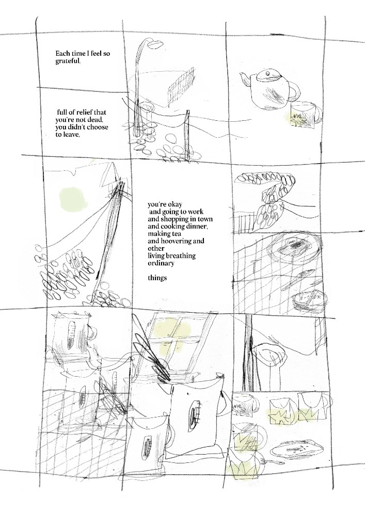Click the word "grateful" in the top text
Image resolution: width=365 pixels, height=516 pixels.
pyautogui.click(x=68, y=61)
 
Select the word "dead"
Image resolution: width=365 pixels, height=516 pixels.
pyautogui.click(x=96, y=120)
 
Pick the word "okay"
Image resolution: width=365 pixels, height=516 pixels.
pyautogui.click(x=174, y=205)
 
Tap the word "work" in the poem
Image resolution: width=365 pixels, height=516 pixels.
pyautogui.click(x=196, y=212)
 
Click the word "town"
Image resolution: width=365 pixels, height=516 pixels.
pyautogui.click(x=204, y=219)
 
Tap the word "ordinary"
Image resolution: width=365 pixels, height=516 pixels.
pyautogui.click(x=161, y=263)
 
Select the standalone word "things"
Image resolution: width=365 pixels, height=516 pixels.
pyautogui.click(x=157, y=278)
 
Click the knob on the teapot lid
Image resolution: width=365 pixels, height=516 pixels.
pyautogui.click(x=267, y=73)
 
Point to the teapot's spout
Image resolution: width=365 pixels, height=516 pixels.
pyautogui.click(x=246, y=79)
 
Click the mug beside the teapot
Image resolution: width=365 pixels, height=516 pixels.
pyautogui.click(x=306, y=116)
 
